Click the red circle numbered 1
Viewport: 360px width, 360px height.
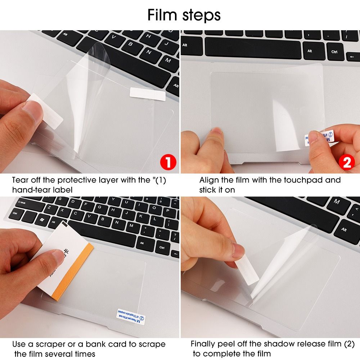point(168,163)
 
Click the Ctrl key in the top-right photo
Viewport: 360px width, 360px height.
point(334,52)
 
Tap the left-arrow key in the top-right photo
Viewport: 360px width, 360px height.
point(352,57)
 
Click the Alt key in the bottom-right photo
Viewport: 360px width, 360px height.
point(344,229)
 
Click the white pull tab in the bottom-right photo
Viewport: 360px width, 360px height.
point(249,267)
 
